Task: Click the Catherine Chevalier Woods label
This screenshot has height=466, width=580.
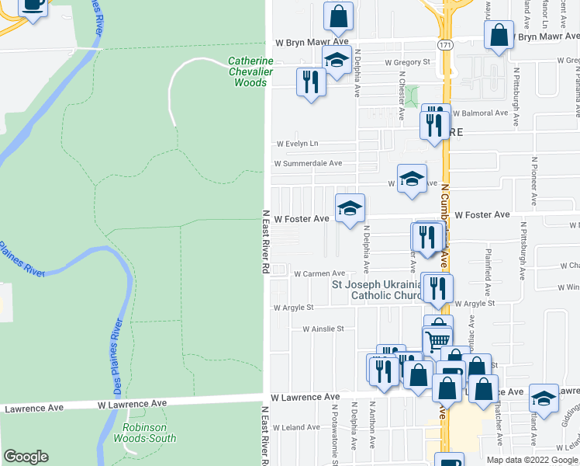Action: click(250, 71)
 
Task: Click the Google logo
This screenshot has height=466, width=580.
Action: click(26, 457)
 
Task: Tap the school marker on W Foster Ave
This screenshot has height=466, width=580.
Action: click(350, 208)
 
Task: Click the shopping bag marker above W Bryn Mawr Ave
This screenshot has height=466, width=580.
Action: click(338, 16)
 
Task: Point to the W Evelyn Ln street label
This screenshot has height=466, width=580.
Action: click(298, 144)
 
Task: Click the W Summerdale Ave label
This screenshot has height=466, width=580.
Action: click(308, 164)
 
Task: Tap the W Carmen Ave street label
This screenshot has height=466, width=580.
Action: click(319, 273)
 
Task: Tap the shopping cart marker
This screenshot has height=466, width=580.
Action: click(437, 339)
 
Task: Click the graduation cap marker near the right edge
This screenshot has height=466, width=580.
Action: click(544, 398)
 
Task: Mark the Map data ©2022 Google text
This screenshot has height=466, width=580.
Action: click(531, 460)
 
